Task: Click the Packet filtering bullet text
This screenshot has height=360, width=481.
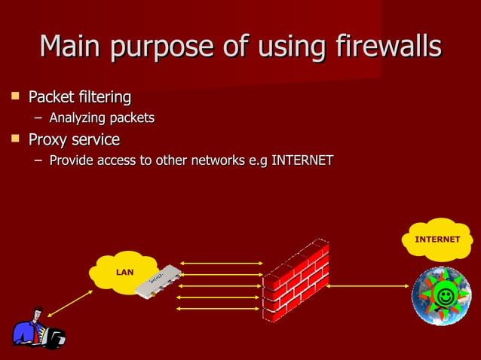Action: point(79,98)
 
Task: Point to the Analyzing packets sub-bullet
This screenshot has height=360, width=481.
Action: point(102,118)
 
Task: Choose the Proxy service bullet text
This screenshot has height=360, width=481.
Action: point(74,140)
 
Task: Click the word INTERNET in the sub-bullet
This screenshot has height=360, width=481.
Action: point(302,160)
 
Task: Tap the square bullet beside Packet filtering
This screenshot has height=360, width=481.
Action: point(14,96)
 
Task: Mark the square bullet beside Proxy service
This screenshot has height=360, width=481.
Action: point(14,139)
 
